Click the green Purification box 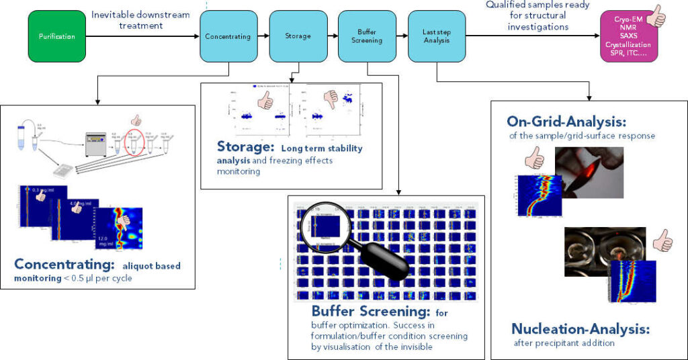tap(56, 36)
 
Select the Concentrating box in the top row tap(228, 37)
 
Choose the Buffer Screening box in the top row tap(367, 36)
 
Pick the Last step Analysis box tap(437, 36)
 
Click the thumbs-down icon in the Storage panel tap(330, 99)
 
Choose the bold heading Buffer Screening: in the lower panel tap(369, 312)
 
